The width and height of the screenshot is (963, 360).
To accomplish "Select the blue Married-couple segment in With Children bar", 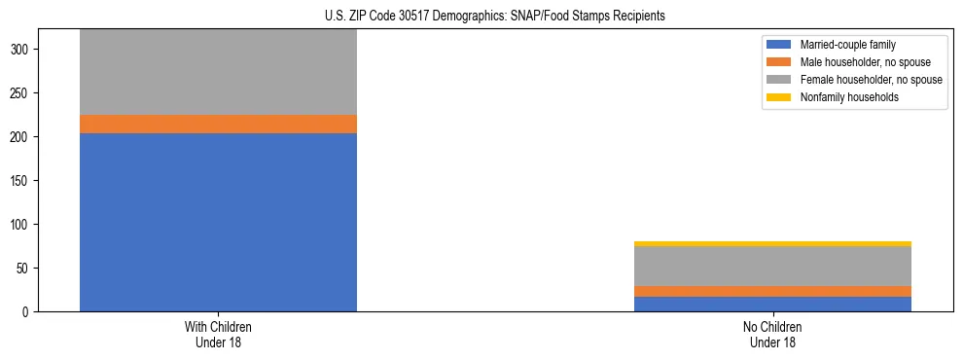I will [218, 222].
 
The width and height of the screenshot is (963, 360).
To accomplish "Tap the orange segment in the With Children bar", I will [218, 124].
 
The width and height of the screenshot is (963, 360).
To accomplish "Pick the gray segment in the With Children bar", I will [218, 72].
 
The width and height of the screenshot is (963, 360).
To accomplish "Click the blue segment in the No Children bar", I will [773, 304].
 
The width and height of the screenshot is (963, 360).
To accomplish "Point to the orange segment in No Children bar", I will [773, 291].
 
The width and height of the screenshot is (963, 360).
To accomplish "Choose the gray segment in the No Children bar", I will [773, 266].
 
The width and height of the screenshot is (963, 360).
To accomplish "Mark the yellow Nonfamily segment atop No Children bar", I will [773, 244].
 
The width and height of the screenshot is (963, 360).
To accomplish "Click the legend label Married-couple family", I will [847, 45].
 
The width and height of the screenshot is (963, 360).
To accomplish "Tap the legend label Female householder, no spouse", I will [871, 80].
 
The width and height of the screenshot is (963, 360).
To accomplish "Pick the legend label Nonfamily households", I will [849, 97].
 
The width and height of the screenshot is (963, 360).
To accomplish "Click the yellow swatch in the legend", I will [779, 97].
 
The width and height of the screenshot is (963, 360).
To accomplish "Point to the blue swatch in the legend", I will [779, 45].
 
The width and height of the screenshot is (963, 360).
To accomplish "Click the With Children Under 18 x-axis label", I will [218, 335].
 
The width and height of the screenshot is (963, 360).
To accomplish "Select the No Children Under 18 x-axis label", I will [773, 335].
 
